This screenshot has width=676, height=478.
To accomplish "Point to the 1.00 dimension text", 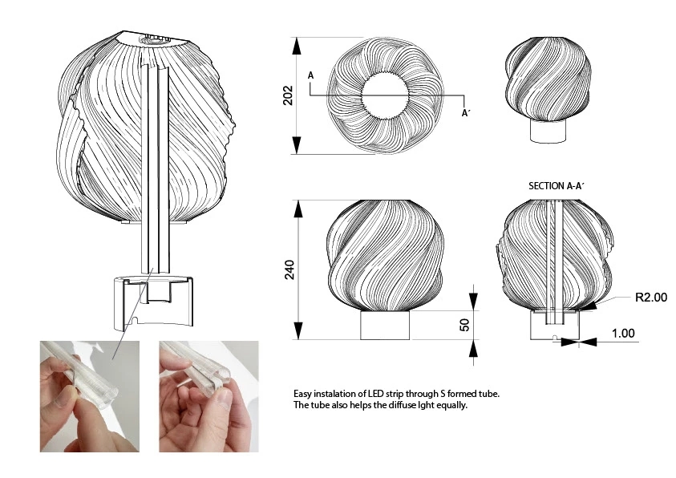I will coord(622,333).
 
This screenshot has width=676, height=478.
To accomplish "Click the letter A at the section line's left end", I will coord(310,75).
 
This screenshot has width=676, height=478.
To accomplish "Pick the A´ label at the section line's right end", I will coord(465,113).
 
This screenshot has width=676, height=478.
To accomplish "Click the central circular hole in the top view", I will coord(386,96).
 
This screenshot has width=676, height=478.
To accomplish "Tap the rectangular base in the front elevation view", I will coord(386,325).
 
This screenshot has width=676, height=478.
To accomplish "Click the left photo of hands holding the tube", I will coord(89,395).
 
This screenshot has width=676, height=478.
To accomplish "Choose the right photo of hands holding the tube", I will coord(208,395).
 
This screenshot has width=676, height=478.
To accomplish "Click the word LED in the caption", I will coord(377,395).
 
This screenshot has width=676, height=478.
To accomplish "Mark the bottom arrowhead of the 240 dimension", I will coord(297,330).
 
